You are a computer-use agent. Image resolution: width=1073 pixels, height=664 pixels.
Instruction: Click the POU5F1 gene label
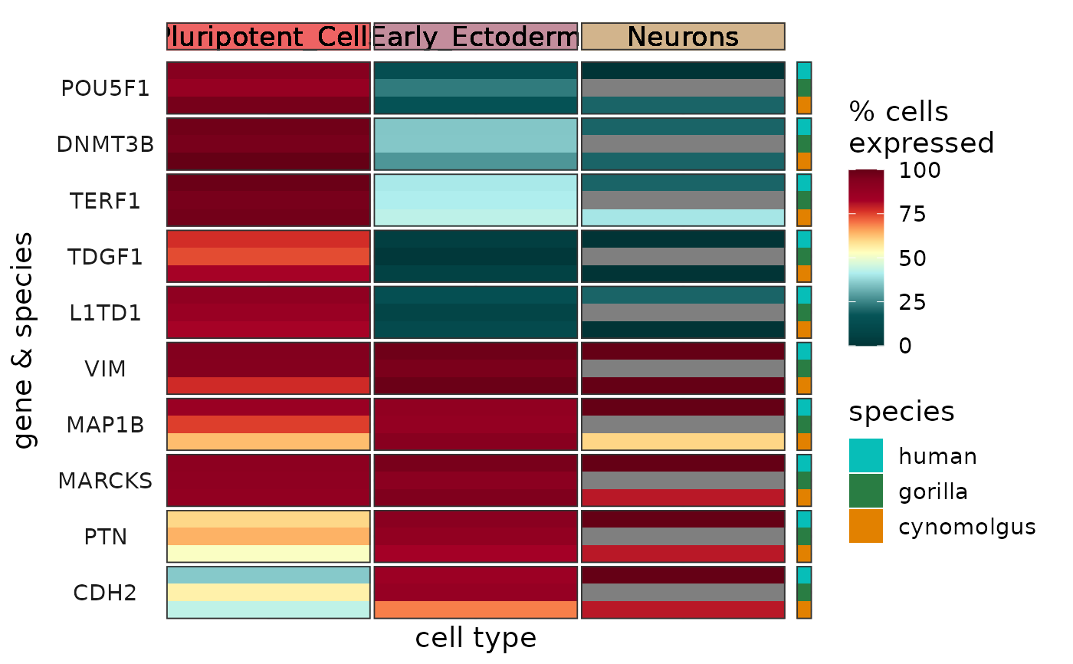[x=105, y=88]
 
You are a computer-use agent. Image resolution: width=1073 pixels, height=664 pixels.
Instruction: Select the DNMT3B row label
[x=105, y=144]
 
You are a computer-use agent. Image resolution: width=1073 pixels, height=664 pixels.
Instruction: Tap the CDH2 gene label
[x=105, y=593]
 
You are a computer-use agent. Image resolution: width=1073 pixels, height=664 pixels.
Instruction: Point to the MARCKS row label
[x=105, y=481]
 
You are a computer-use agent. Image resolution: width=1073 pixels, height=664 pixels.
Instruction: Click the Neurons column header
[x=683, y=37]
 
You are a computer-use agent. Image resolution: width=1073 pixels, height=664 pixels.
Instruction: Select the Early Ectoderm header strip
[x=475, y=37]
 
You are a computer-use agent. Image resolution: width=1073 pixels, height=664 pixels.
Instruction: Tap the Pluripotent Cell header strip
[x=268, y=37]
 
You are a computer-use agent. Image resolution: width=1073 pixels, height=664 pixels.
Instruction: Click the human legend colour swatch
[x=865, y=455]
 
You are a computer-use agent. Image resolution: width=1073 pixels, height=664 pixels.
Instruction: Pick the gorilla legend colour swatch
[x=865, y=491]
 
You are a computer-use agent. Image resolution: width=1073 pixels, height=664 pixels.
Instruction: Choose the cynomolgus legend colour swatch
[x=865, y=526]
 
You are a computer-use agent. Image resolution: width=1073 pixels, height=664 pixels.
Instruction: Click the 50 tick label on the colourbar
[x=912, y=258]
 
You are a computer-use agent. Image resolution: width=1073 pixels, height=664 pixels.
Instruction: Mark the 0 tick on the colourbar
[x=904, y=346]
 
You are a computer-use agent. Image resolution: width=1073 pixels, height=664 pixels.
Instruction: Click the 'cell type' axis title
[x=475, y=638]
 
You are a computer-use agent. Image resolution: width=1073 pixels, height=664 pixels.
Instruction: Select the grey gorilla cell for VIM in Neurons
[x=683, y=369]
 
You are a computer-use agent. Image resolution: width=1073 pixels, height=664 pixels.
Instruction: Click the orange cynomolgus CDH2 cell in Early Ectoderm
[x=475, y=610]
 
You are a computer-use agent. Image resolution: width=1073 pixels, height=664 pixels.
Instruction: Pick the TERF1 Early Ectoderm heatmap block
[x=475, y=200]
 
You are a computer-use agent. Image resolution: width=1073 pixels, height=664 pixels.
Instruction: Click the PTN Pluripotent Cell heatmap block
[x=268, y=536]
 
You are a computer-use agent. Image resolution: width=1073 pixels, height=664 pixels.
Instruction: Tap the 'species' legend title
[x=901, y=413]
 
